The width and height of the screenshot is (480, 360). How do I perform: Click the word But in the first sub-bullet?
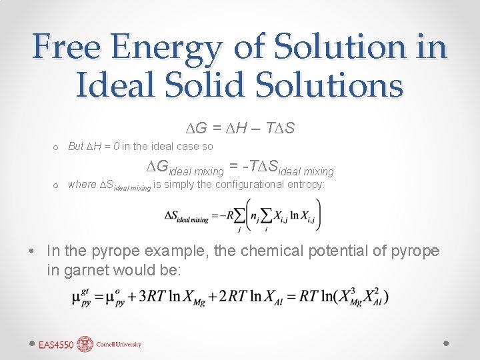[x=76, y=147]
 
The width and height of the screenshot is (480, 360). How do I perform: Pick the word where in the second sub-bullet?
[x=82, y=185]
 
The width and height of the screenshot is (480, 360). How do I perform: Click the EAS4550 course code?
[x=56, y=345]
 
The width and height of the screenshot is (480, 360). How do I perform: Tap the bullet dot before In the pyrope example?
[x=32, y=252]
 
